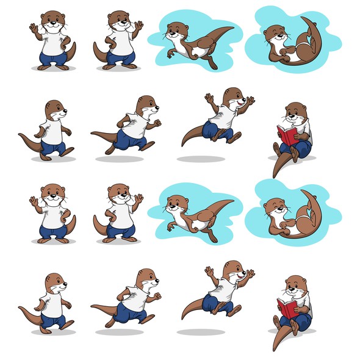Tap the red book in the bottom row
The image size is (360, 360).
pos(286,308)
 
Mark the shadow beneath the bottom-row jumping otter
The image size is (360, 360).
pos(201,333)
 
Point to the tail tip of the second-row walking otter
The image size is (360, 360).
pos(20,135)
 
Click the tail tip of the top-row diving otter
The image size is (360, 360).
pos(231,28)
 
